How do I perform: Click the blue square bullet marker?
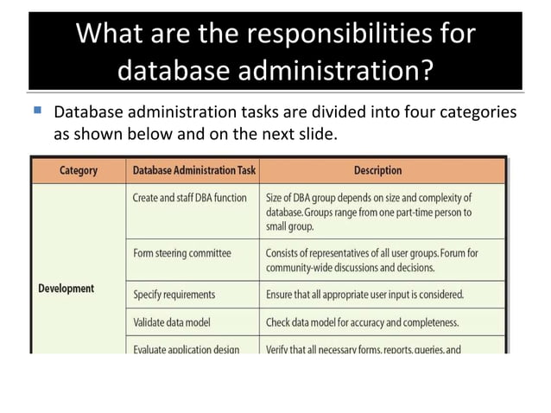(36, 111)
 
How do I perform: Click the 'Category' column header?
(79, 171)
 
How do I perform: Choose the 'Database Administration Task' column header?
(193, 171)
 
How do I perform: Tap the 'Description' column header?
(377, 171)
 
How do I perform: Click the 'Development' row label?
(66, 288)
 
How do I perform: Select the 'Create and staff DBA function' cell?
(189, 198)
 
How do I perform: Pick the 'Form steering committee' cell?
(181, 253)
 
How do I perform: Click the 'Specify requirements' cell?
(174, 294)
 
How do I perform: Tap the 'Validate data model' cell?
(171, 322)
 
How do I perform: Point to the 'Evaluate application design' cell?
(186, 349)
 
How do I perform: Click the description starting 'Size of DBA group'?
(370, 212)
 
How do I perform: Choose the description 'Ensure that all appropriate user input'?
(364, 294)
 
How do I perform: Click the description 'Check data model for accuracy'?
(362, 322)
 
